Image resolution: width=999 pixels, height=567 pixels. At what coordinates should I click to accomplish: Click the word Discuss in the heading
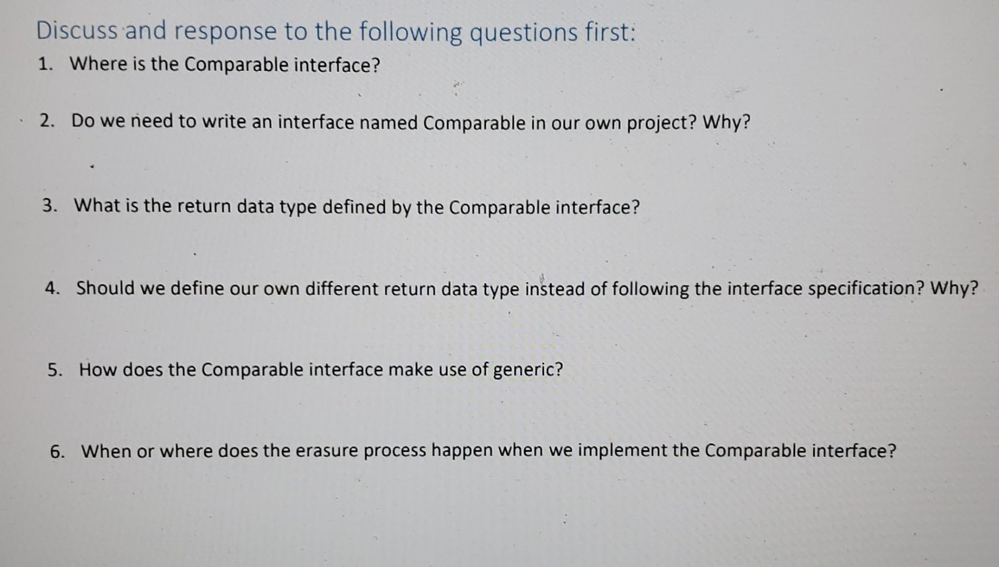point(77,31)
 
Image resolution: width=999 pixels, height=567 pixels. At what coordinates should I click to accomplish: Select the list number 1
point(45,64)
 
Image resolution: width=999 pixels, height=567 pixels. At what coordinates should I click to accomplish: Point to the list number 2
point(48,121)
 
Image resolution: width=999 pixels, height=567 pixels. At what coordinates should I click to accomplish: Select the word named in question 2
point(389,122)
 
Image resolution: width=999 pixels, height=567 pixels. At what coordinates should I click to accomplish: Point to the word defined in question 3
point(354,207)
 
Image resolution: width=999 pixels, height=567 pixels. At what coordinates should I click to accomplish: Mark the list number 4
point(52,288)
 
